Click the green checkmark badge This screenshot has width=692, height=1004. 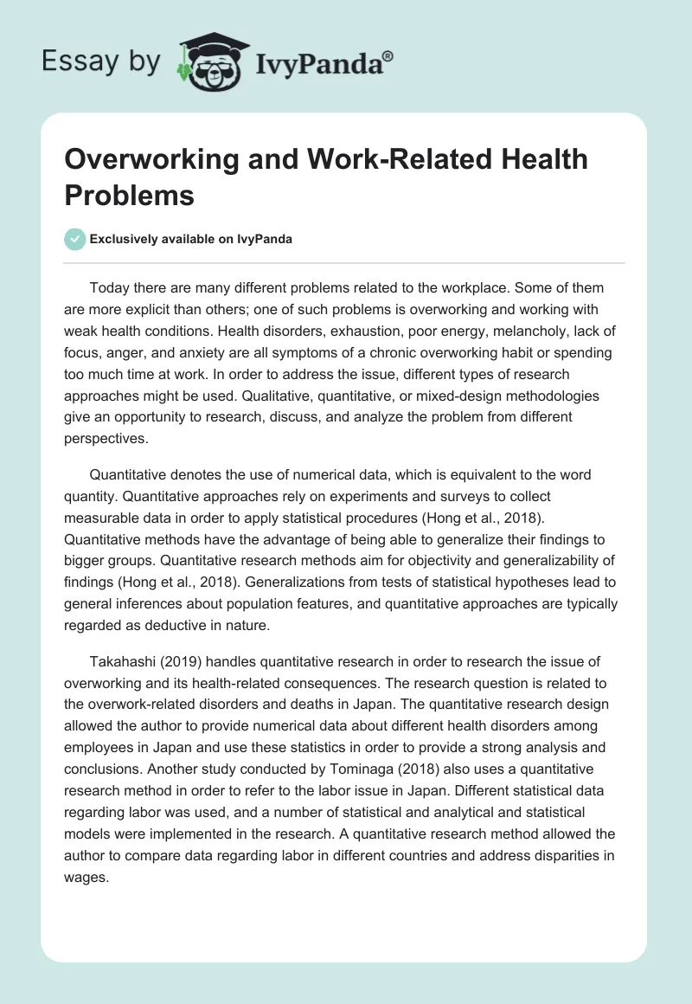coord(75,239)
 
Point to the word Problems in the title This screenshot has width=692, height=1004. coord(130,195)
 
